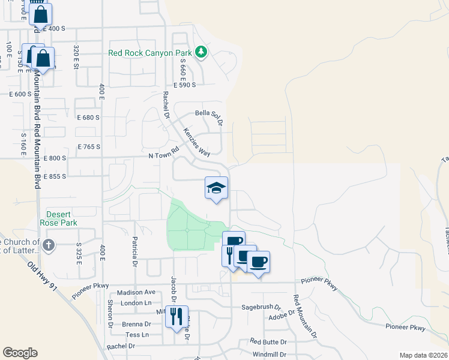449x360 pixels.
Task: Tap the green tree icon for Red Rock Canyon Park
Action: (x=202, y=53)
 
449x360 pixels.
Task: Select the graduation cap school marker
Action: (x=216, y=188)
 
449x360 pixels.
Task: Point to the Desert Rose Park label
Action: (x=59, y=218)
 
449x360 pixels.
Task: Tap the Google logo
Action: (x=20, y=352)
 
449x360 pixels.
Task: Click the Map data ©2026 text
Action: (x=423, y=355)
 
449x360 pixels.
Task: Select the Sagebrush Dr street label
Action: (x=261, y=307)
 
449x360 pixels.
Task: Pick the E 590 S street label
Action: (x=185, y=85)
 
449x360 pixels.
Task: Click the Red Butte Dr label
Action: (x=269, y=341)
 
